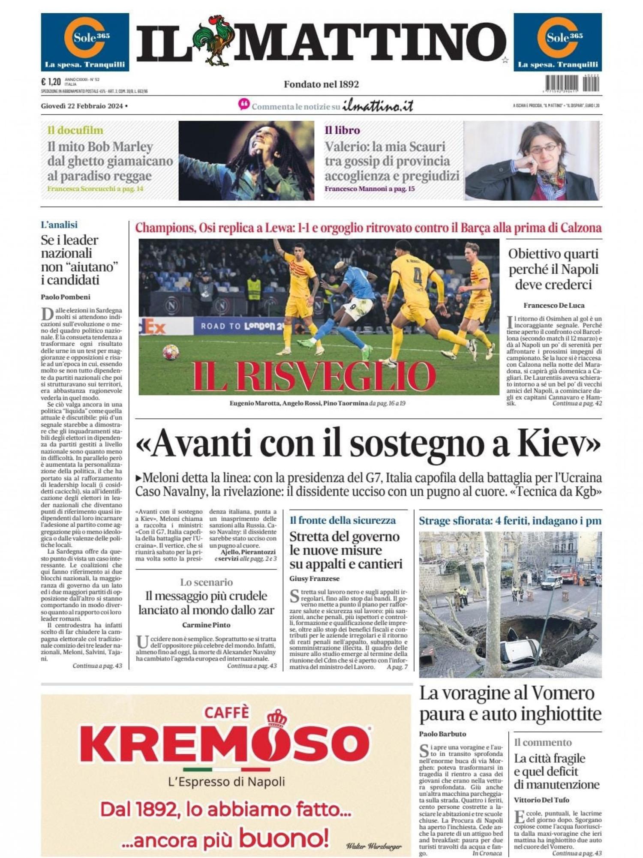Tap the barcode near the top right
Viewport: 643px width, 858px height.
coord(572,83)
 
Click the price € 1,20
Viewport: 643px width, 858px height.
coord(51,81)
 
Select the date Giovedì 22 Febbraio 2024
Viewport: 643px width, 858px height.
coord(82,106)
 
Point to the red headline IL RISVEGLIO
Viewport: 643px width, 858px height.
coord(314,376)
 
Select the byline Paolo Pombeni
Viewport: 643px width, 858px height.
coord(66,297)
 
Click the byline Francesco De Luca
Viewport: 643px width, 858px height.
coord(554,305)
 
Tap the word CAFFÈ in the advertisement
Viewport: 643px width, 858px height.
coord(226,712)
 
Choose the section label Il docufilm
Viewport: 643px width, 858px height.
coord(75,130)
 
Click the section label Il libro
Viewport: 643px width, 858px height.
coord(342,130)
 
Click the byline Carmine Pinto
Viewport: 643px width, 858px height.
coord(206,625)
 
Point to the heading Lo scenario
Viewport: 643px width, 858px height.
coord(206,582)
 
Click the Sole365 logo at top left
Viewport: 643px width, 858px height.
coord(85,42)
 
